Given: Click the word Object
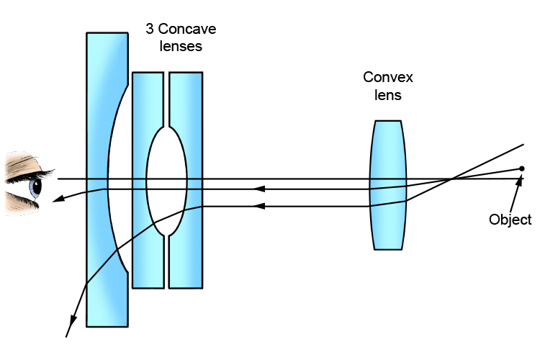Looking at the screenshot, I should [510, 220].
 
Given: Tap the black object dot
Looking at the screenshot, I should [522, 169].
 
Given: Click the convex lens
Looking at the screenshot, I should [388, 185].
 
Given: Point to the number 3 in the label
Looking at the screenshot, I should [149, 30].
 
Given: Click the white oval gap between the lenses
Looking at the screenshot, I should [166, 180].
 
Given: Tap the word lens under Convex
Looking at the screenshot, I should [388, 94].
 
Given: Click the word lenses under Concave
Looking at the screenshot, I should [180, 47].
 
